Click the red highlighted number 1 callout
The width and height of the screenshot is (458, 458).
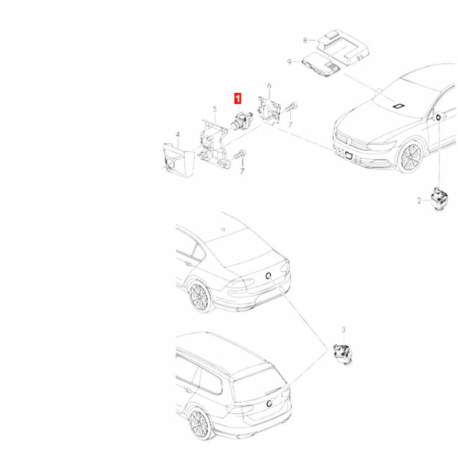pyautogui.click(x=238, y=98)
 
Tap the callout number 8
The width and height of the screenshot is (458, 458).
pyautogui.click(x=305, y=40)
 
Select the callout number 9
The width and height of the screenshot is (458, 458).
pyautogui.click(x=290, y=62)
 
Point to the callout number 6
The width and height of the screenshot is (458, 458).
pyautogui.click(x=269, y=86)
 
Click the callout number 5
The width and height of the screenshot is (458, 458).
pyautogui.click(x=215, y=109)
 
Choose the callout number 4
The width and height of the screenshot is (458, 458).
pyautogui.click(x=177, y=135)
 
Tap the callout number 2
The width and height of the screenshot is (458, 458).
pyautogui.click(x=420, y=201)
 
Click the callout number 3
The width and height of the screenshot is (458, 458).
pyautogui.click(x=343, y=330)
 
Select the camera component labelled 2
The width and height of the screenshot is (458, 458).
pyautogui.click(x=440, y=199)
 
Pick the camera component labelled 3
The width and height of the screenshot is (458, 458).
pyautogui.click(x=343, y=353)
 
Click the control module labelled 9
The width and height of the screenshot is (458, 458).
pyautogui.click(x=321, y=64)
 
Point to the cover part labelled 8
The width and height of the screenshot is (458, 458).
pyautogui.click(x=342, y=47)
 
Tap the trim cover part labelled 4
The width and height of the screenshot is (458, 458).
pyautogui.click(x=179, y=160)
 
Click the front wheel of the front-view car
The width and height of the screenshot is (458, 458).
pyautogui.click(x=410, y=157)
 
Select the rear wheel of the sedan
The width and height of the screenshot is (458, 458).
pyautogui.click(x=200, y=296)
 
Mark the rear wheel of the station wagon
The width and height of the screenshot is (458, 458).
pyautogui.click(x=199, y=424)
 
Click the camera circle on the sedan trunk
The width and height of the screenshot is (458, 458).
pyautogui.click(x=268, y=275)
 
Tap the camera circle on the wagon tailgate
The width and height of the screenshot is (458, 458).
pyautogui.click(x=269, y=404)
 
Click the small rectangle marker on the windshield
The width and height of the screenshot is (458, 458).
pyautogui.click(x=398, y=106)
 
